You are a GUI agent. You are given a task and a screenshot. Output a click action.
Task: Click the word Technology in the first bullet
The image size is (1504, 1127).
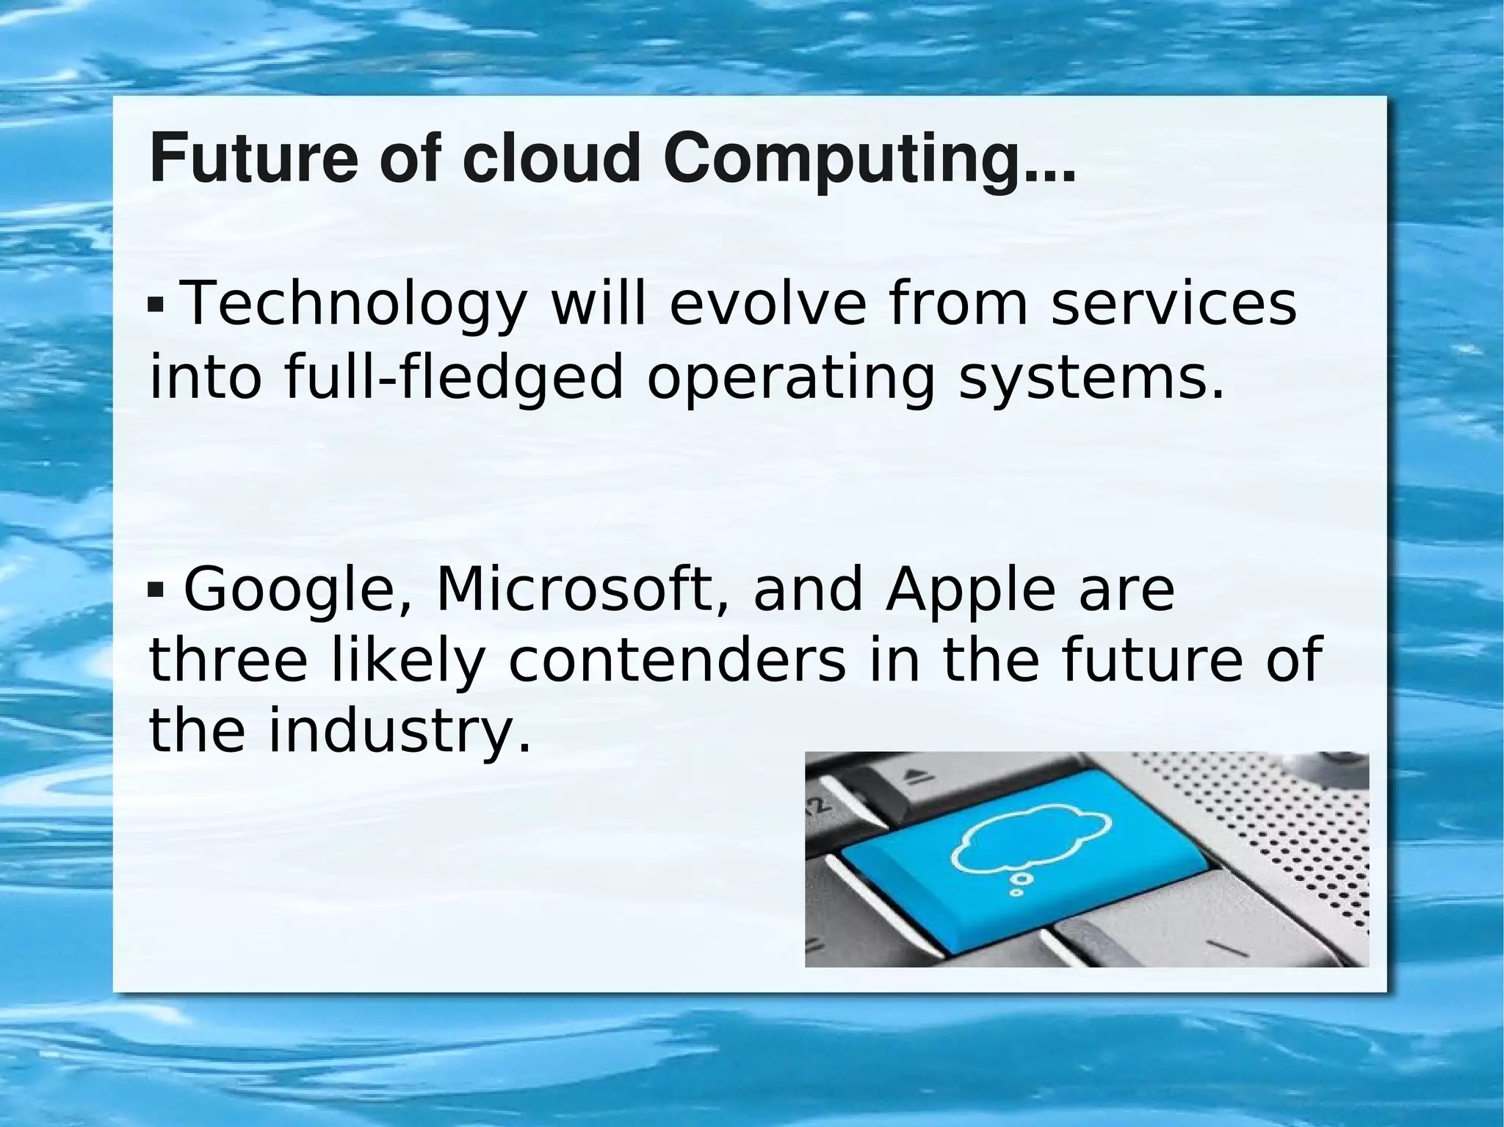pos(353,305)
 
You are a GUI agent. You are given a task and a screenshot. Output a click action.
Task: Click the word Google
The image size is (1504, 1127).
pos(291,592)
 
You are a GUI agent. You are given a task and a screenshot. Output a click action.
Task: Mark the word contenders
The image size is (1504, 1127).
pos(676,661)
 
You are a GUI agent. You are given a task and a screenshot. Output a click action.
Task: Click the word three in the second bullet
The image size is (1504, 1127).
pos(228,661)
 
